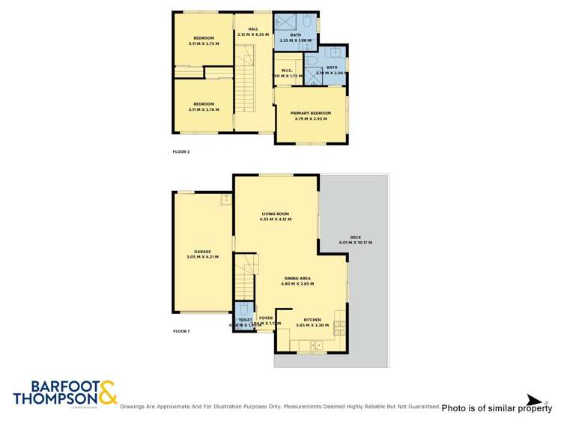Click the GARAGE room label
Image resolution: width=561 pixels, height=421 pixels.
tap(202, 252)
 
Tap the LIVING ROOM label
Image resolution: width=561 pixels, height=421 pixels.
tap(275, 213)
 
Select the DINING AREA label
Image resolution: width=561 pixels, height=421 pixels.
tap(297, 279)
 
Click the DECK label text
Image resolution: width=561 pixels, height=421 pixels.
tap(356, 237)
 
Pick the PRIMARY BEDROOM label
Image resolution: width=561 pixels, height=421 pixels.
tap(311, 113)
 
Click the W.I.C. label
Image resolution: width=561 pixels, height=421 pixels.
tap(286, 70)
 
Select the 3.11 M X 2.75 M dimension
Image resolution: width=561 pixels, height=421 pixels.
tap(204, 43)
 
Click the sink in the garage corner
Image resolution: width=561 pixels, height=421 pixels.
tap(225, 199)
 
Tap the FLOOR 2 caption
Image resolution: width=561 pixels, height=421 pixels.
tap(182, 152)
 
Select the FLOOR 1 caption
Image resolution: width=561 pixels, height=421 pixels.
tap(182, 330)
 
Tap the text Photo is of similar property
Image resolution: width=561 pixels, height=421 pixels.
tap(497, 408)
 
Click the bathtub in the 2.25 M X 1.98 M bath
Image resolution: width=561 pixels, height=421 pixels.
tap(287, 21)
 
